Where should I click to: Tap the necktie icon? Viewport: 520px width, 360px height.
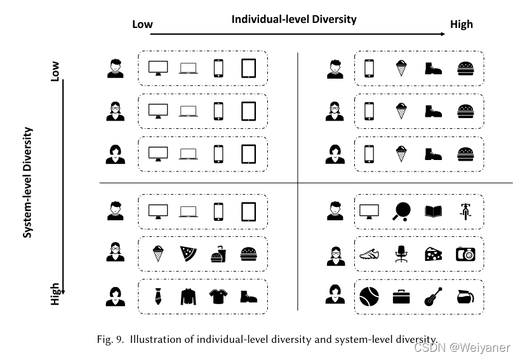158,296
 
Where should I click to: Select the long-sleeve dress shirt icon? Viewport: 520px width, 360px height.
188,296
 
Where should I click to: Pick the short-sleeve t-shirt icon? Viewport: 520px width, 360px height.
218,296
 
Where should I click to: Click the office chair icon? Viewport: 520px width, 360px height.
401,255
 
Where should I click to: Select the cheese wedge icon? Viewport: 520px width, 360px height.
433,255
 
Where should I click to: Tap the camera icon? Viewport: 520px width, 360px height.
465,255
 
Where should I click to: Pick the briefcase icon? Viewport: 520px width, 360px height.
401,296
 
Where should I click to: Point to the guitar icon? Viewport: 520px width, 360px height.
433,296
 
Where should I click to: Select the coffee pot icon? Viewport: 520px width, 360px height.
465,296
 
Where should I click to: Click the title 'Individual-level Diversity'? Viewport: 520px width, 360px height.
293,19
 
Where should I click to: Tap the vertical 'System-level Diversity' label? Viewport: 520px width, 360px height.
27,182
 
